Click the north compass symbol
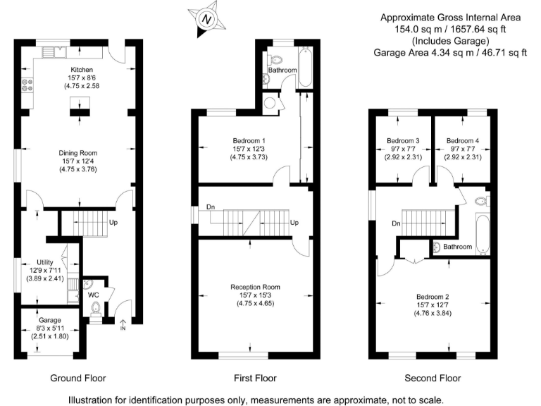pos(206,20)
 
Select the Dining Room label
pos(78,152)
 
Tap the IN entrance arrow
pos(123,324)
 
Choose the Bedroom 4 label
pos(462,141)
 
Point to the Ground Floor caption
pos(78,379)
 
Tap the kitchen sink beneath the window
pos(54,51)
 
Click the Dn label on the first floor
pos(211,207)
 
